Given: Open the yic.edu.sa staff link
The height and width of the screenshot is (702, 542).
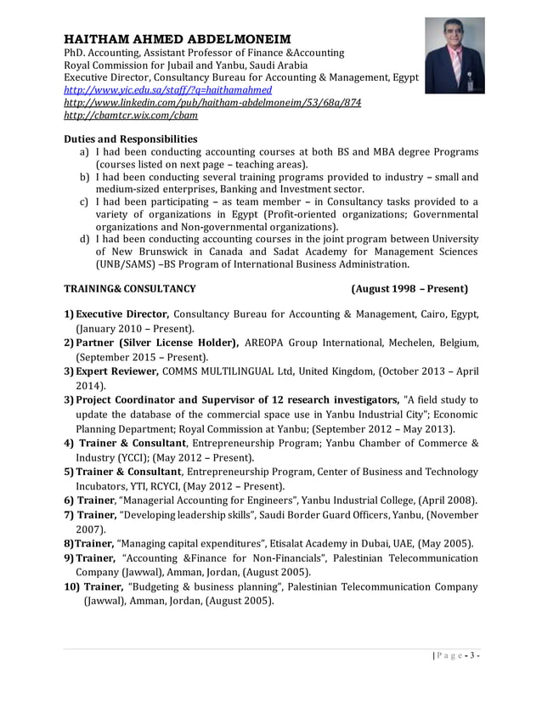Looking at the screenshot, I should (x=168, y=89).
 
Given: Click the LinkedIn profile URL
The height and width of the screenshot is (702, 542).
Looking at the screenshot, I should (x=213, y=102).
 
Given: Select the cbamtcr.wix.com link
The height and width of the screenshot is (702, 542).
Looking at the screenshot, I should (x=132, y=115).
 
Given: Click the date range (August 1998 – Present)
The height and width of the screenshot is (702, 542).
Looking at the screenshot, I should (x=409, y=289).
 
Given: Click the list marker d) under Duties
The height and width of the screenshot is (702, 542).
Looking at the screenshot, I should (x=85, y=239).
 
